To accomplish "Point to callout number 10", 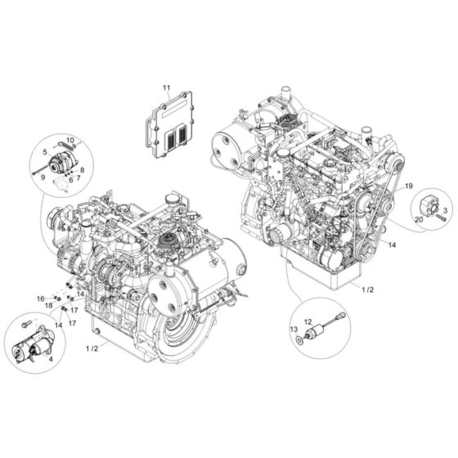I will click(x=70, y=140).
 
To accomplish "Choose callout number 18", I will click(x=49, y=305).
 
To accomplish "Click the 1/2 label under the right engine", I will click(x=366, y=289).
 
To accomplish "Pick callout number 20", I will click(x=417, y=219).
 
